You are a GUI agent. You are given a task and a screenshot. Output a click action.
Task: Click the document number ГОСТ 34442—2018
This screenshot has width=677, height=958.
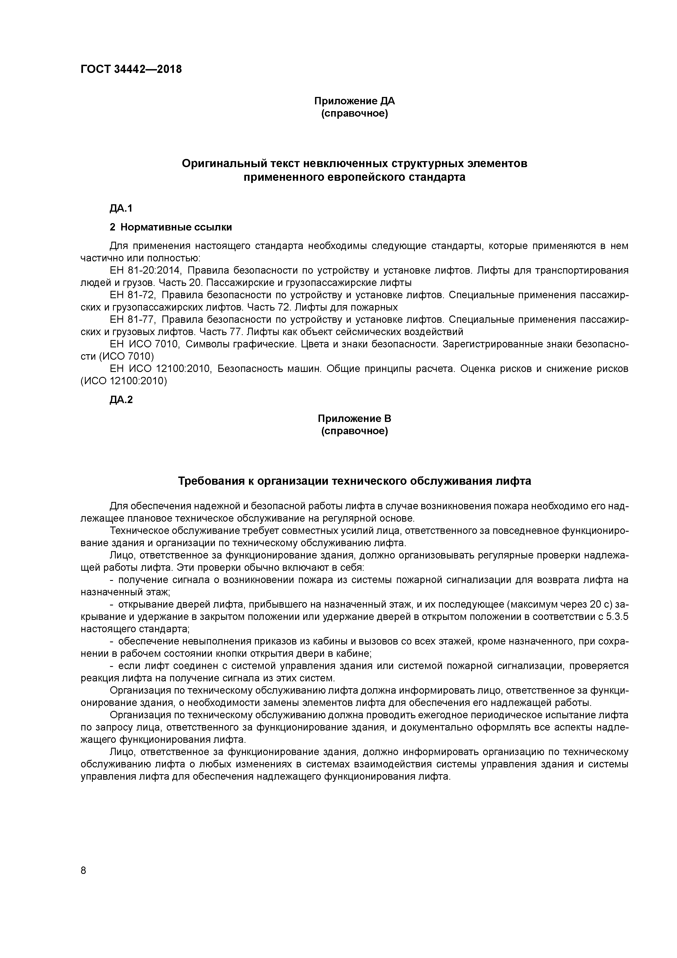pyautogui.click(x=131, y=69)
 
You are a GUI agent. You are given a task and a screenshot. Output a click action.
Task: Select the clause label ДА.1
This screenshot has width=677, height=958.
pyautogui.click(x=121, y=208)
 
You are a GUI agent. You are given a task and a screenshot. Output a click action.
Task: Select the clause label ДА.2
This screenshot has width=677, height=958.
pyautogui.click(x=121, y=400)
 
